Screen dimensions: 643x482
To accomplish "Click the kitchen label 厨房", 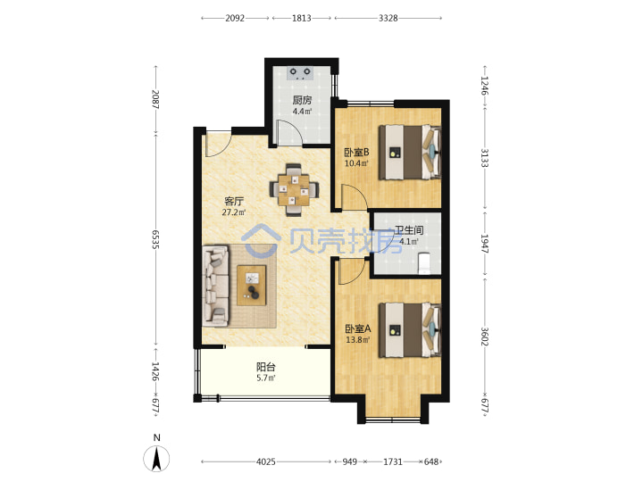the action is pyautogui.click(x=302, y=100).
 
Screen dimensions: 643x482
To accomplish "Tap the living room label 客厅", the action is pyautogui.click(x=234, y=201).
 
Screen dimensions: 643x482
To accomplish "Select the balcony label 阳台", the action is pyautogui.click(x=266, y=367).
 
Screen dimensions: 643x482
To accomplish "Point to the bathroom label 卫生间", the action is pyautogui.click(x=409, y=230).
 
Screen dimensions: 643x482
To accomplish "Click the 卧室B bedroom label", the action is pyautogui.click(x=356, y=153).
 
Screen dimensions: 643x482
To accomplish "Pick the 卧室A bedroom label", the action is pyautogui.click(x=357, y=328).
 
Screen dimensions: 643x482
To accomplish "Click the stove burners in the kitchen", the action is pyautogui.click(x=300, y=73).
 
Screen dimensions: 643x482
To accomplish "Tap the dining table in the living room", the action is pyautogui.click(x=293, y=190).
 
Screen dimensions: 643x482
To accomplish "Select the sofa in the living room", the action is pyautogui.click(x=216, y=287).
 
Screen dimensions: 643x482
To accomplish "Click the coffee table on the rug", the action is pyautogui.click(x=251, y=286).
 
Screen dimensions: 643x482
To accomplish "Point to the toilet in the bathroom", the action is pyautogui.click(x=424, y=263).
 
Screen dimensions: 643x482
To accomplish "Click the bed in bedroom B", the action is pyautogui.click(x=410, y=153).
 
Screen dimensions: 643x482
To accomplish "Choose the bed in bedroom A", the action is pyautogui.click(x=410, y=330).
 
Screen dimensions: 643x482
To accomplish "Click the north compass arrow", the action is pyautogui.click(x=156, y=458).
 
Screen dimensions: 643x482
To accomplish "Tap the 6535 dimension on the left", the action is pyautogui.click(x=155, y=239).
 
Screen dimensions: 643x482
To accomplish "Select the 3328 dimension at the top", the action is pyautogui.click(x=388, y=18).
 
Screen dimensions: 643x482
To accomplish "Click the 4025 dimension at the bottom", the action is pyautogui.click(x=266, y=462).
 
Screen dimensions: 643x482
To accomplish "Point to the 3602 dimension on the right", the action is pyautogui.click(x=485, y=337).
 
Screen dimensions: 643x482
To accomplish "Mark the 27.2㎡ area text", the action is pyautogui.click(x=234, y=212).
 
